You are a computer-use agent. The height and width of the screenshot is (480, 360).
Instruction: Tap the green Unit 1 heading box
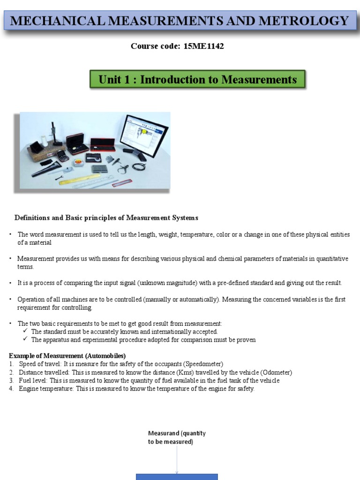click(197, 80)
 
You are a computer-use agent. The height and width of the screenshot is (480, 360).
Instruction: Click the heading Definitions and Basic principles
click(106, 218)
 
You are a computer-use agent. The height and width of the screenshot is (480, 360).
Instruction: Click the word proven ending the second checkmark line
click(246, 340)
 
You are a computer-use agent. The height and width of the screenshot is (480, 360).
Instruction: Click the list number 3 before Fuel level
click(11, 381)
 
